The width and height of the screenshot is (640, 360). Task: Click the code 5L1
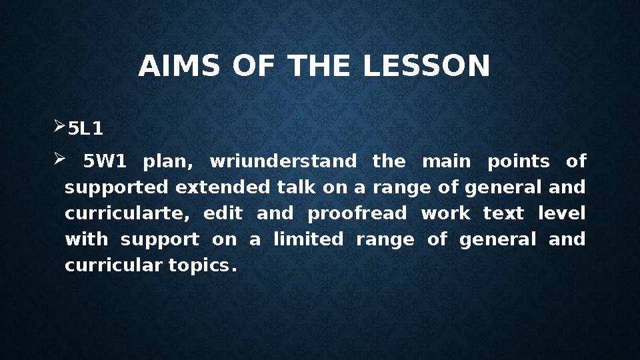tap(86, 129)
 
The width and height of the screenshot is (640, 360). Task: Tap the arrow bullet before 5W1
tap(59, 160)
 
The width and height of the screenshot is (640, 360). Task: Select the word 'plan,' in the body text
tap(168, 161)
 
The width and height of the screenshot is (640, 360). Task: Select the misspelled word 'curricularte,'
tap(125, 213)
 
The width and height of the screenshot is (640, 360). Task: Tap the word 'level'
tap(561, 213)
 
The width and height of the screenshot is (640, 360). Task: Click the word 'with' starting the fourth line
tap(85, 239)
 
